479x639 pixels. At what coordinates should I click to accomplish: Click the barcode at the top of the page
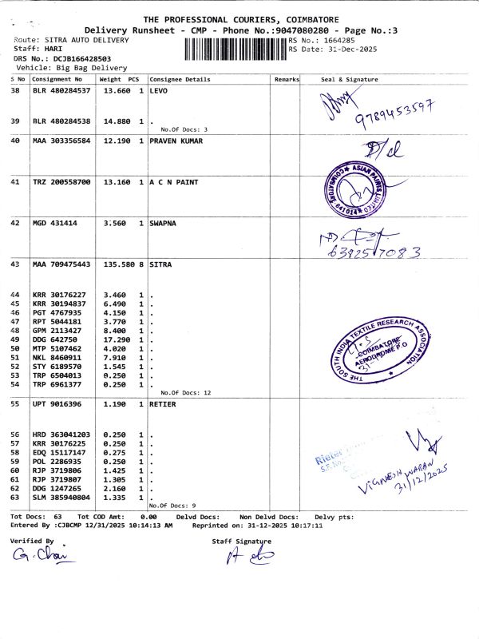coord(235,49)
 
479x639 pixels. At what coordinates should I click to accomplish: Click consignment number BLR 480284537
coord(61,92)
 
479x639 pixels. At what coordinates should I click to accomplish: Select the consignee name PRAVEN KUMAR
coord(176,141)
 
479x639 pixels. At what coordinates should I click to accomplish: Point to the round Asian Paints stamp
coord(350,185)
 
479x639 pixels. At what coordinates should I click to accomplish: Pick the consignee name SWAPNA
coord(165,223)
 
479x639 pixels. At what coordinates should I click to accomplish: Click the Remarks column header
coord(286,80)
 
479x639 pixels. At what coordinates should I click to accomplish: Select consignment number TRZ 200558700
coord(61,182)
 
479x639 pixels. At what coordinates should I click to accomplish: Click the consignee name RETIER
coord(165,404)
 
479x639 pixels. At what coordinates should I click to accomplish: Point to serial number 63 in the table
coord(15,497)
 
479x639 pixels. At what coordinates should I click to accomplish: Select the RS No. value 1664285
coord(338,40)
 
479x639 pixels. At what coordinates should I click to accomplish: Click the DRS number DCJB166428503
coord(77,58)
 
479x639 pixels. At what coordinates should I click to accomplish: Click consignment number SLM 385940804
coord(61,497)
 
